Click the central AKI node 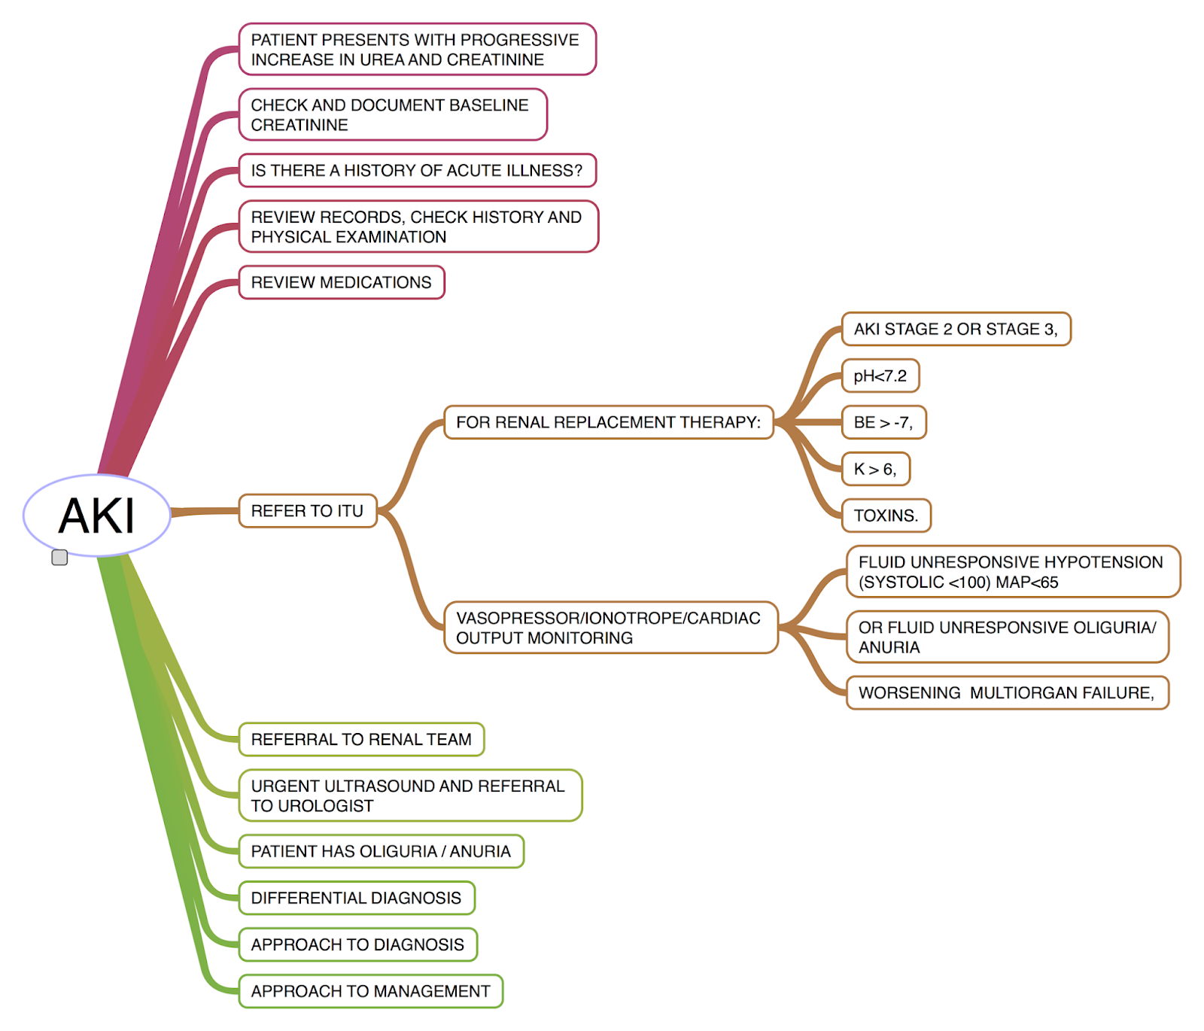coord(97,515)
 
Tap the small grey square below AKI coord(59,557)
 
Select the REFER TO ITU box coord(307,511)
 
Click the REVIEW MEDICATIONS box coord(342,282)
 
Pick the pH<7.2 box coord(880,376)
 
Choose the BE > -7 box coord(883,422)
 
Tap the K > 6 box coord(875,469)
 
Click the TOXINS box coord(886,515)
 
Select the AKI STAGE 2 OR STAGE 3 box coord(956,329)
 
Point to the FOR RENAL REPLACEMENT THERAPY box coord(608,422)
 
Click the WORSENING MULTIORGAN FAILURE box coord(1007,692)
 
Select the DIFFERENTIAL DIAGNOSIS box coord(356,898)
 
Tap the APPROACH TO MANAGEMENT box coord(370,991)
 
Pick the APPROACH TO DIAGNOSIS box coord(357,944)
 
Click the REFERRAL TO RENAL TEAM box coord(361,739)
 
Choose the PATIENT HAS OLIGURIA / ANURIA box coord(381,851)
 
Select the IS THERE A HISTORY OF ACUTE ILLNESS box coord(417,170)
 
